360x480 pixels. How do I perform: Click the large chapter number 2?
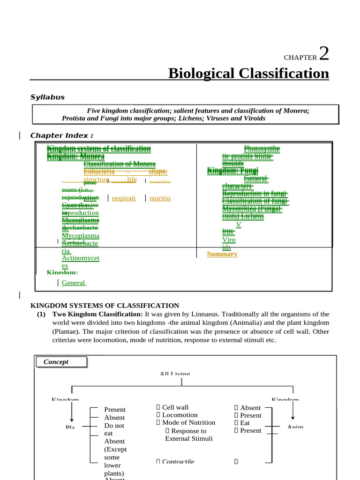323,54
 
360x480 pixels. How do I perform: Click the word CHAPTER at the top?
300,58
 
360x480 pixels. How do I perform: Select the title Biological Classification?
248,74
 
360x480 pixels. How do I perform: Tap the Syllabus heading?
47,97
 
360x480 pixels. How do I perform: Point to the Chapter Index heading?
61,135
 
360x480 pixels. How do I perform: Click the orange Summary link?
222,254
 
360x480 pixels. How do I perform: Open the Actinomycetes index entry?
80,262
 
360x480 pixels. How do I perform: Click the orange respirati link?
124,198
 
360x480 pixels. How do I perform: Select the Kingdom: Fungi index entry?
227,171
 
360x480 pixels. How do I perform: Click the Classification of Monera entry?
120,164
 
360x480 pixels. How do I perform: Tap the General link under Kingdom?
73,283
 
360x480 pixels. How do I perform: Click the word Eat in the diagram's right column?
245,423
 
